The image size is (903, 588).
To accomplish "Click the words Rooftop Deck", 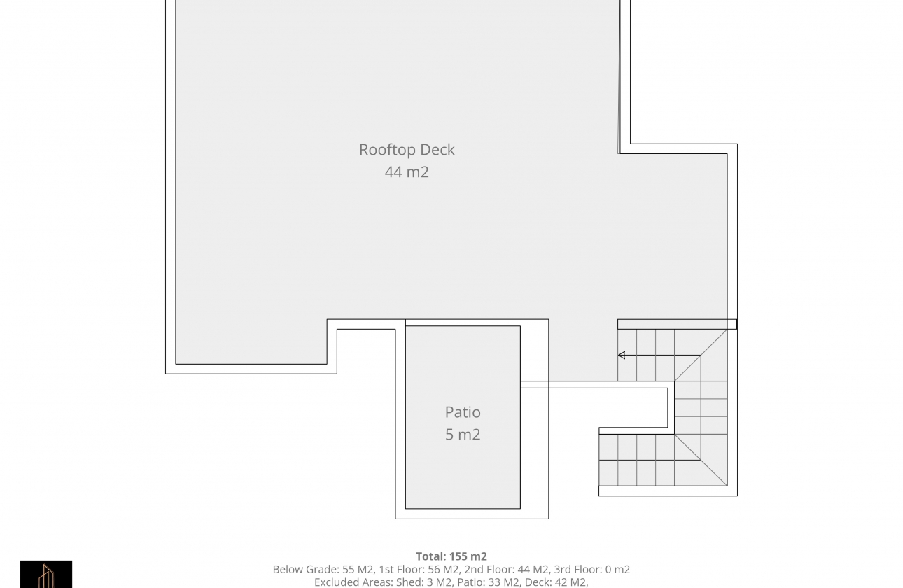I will (407, 150).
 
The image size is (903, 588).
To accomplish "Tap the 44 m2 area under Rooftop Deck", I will (407, 172).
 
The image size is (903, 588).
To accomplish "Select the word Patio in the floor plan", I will (463, 412).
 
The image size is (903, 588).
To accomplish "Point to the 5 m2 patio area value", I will (463, 435).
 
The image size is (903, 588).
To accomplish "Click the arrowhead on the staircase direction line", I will (621, 356).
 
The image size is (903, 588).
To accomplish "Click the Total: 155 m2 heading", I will (451, 556).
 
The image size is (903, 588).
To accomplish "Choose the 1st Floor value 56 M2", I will (442, 570).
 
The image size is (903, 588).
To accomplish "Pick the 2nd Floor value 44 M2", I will (533, 570).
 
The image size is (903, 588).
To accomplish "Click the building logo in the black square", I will (46, 575).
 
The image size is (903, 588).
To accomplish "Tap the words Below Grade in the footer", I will (304, 570).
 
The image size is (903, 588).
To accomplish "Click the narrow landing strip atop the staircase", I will (677, 324).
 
